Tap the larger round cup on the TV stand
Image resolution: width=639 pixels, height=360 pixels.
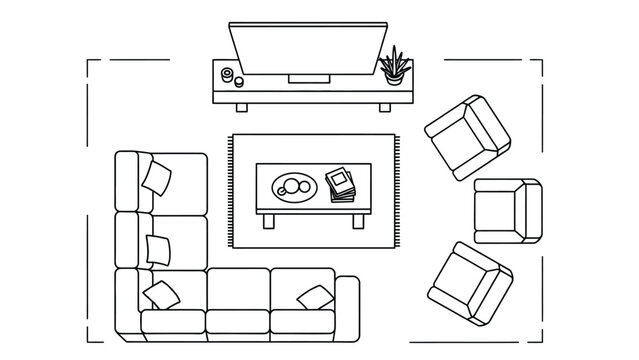click(x=227, y=75)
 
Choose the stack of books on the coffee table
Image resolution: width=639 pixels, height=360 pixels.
click(x=341, y=186)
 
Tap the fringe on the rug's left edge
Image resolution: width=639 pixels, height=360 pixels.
click(x=230, y=191)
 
